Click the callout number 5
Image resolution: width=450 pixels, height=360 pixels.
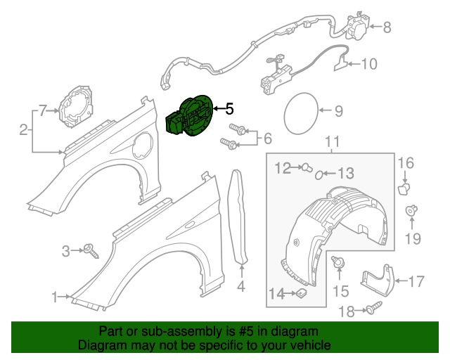229,109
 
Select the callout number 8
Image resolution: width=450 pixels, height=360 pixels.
386,27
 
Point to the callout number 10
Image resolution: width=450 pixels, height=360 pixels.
368,64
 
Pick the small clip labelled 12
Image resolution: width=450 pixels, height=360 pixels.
307,167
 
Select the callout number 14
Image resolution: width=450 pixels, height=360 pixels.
279,294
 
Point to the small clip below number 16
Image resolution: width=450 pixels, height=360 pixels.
404,188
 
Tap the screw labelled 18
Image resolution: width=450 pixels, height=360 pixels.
373,307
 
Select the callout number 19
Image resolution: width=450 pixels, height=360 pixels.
413,238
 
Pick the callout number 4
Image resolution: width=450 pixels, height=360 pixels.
240,286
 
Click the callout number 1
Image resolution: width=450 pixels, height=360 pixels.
55,297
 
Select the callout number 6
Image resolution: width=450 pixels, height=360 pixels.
267,139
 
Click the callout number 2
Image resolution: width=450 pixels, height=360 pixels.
23,129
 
